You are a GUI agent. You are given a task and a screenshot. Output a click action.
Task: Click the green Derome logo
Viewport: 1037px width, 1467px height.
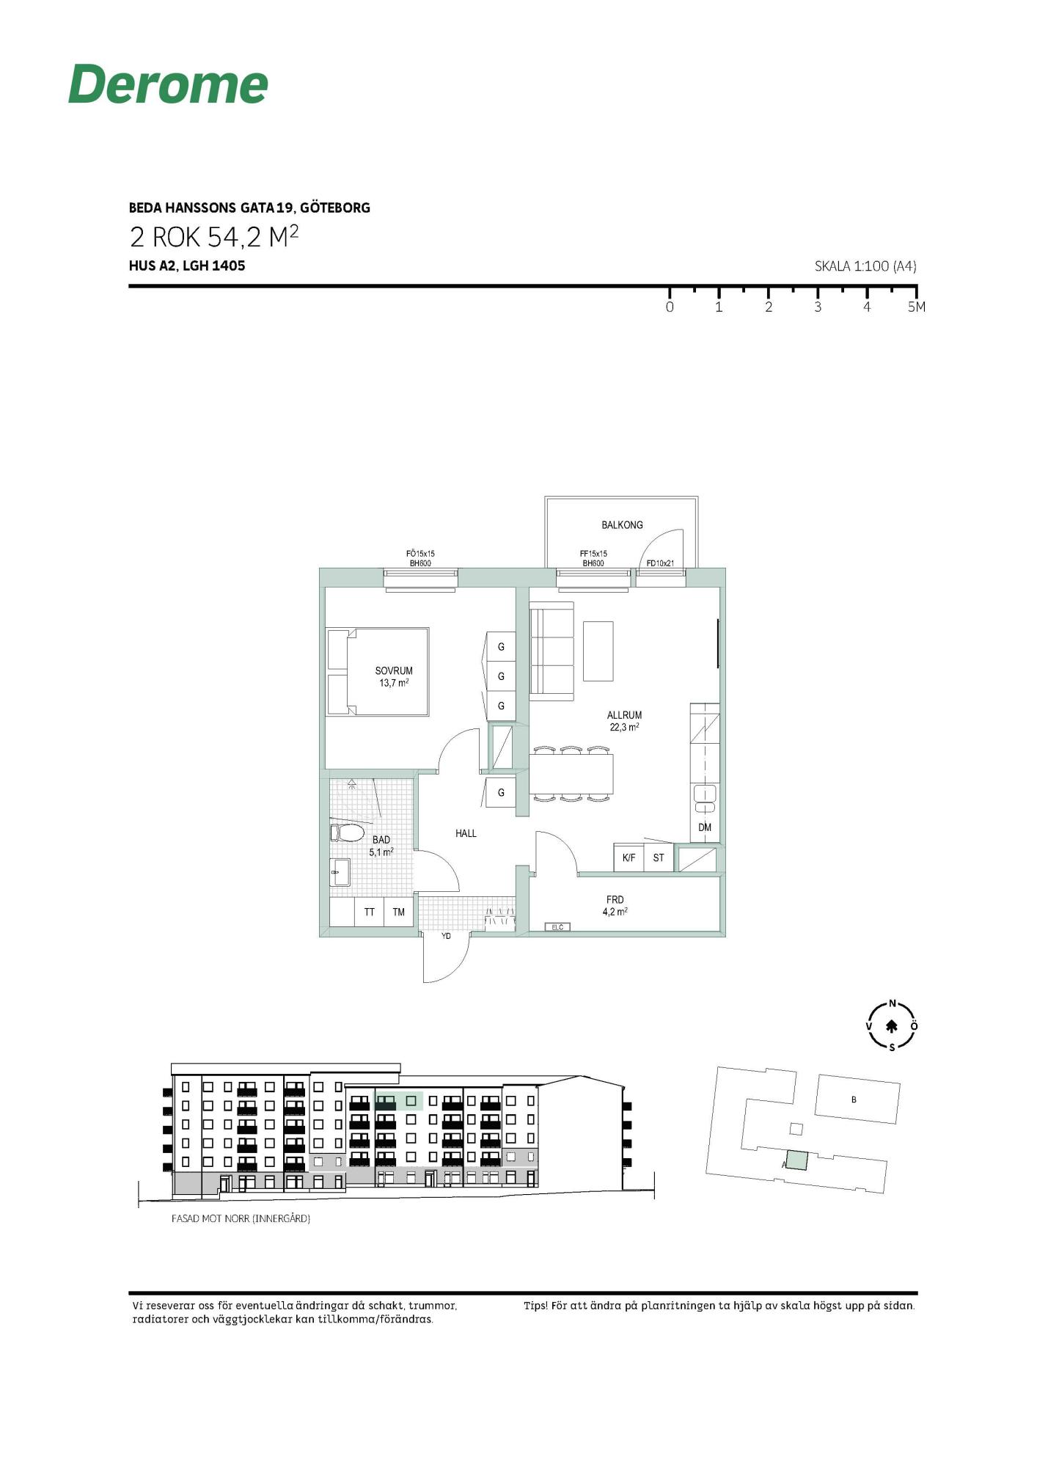click(x=168, y=84)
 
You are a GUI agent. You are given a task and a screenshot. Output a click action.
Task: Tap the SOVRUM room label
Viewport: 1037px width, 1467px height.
click(x=394, y=670)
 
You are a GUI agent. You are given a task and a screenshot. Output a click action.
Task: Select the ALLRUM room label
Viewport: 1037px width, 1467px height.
click(x=624, y=715)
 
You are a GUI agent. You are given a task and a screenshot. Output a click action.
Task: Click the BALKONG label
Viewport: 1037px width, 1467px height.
click(x=622, y=525)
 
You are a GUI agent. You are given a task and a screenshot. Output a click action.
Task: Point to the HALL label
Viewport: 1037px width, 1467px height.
click(x=466, y=833)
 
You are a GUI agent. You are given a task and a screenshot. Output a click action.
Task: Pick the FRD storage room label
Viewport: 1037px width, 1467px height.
click(x=615, y=900)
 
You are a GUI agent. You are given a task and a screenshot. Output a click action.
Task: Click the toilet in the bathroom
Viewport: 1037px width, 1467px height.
click(x=348, y=833)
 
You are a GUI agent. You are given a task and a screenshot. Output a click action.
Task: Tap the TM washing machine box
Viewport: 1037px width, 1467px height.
click(x=399, y=912)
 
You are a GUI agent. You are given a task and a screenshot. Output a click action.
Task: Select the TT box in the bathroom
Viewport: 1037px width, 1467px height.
click(x=370, y=912)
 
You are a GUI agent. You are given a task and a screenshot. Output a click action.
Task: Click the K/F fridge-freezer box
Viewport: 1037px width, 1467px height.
click(x=629, y=857)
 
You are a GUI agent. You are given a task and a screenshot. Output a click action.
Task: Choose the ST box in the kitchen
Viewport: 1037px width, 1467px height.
click(x=659, y=857)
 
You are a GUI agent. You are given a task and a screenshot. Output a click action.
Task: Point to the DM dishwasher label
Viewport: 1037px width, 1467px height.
click(x=705, y=827)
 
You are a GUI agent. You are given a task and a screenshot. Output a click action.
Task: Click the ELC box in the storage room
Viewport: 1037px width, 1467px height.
click(x=557, y=927)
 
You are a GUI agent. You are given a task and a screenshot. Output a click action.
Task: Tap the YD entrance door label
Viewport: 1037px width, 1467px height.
click(x=446, y=936)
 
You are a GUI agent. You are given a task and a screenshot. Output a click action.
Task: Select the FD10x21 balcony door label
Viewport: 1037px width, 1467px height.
click(x=660, y=563)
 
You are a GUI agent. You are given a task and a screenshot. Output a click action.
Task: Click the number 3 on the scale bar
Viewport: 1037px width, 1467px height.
click(x=818, y=307)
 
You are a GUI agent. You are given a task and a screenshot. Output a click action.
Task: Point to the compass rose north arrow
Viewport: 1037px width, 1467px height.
click(x=893, y=1026)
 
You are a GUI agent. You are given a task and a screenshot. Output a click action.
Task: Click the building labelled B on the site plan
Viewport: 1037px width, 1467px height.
click(x=857, y=1099)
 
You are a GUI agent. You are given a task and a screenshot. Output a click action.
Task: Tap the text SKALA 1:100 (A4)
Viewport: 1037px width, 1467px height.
click(x=865, y=266)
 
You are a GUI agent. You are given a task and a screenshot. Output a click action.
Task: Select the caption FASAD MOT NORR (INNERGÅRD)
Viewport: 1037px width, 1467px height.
click(x=241, y=1218)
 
